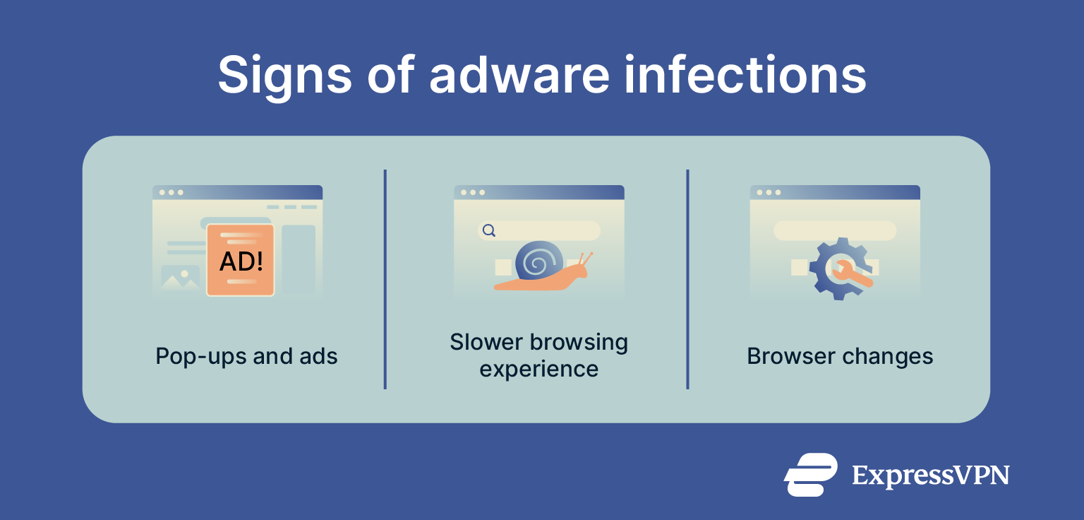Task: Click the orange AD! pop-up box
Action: [x=240, y=259]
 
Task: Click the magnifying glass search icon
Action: [x=488, y=230]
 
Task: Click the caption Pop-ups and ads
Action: [x=246, y=356]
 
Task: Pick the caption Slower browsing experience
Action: [x=538, y=355]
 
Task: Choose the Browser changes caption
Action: [x=840, y=356]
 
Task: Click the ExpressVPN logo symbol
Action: [x=810, y=474]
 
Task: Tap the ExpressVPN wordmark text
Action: [x=930, y=475]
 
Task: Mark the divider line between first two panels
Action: [x=385, y=279]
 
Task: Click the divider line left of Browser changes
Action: [x=687, y=279]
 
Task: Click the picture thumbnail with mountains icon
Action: [x=180, y=278]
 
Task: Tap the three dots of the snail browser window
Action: [x=472, y=192]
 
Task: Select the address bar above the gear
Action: [x=835, y=230]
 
